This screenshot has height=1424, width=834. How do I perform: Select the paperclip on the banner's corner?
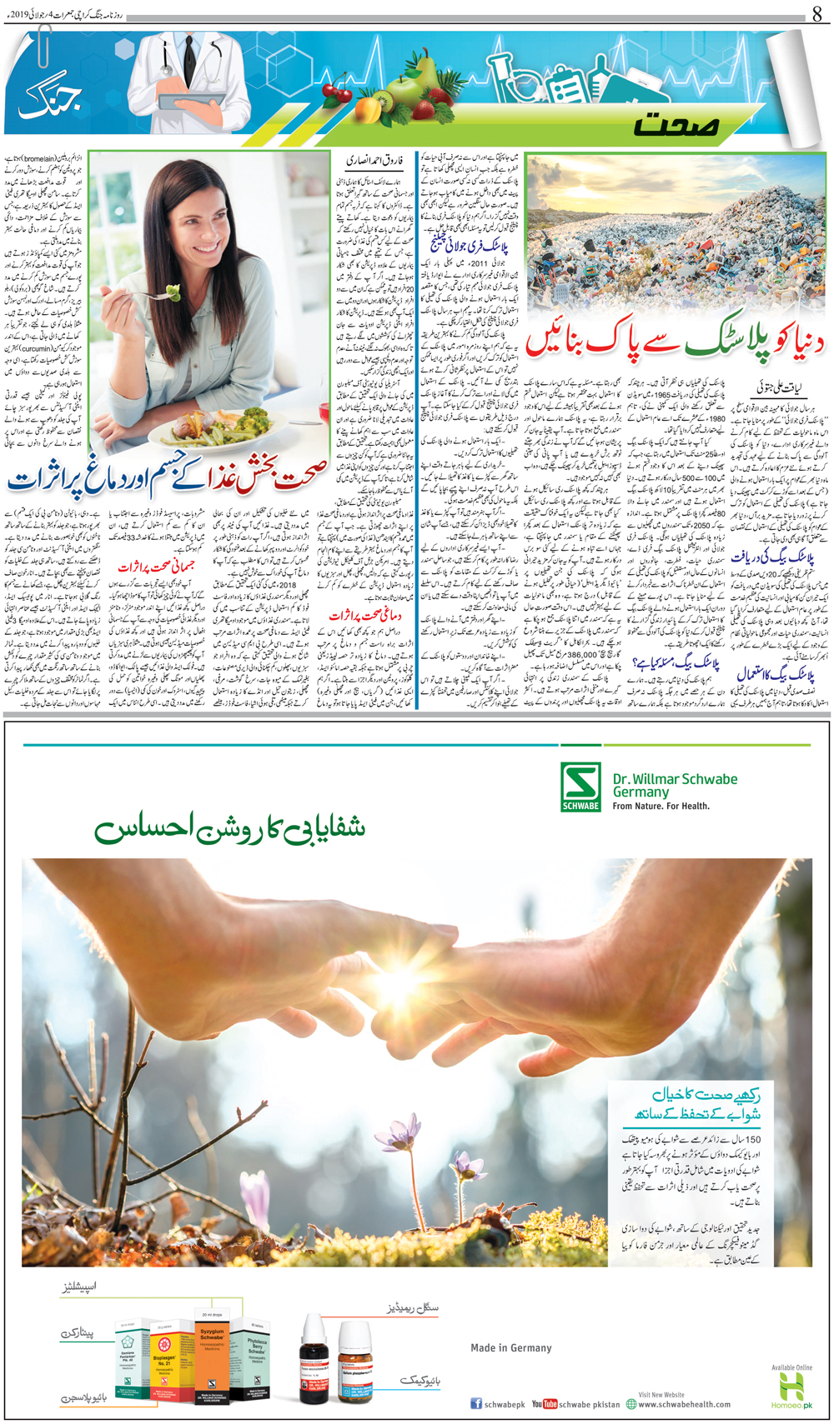pyautogui.click(x=43, y=46)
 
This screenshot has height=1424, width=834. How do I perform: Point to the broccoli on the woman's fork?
pyautogui.click(x=173, y=292)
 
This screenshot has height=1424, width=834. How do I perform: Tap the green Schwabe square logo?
pyautogui.click(x=580, y=787)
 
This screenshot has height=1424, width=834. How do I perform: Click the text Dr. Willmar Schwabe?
pyautogui.click(x=675, y=779)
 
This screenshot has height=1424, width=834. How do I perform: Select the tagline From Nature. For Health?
pyautogui.click(x=661, y=807)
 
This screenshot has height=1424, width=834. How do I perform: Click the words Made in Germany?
pyautogui.click(x=510, y=1347)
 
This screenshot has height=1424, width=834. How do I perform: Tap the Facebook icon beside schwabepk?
pyautogui.click(x=476, y=1404)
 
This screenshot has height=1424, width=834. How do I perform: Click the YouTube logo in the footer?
pyautogui.click(x=544, y=1404)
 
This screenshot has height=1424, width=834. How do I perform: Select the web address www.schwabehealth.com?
pyautogui.click(x=683, y=1404)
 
